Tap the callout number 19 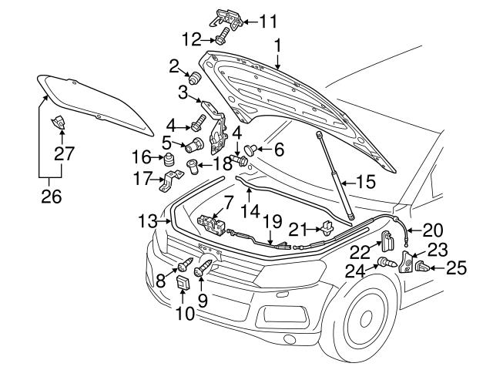point(270,221)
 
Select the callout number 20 point(433,229)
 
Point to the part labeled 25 point(422,268)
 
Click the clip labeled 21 point(327,227)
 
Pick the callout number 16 point(142,156)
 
